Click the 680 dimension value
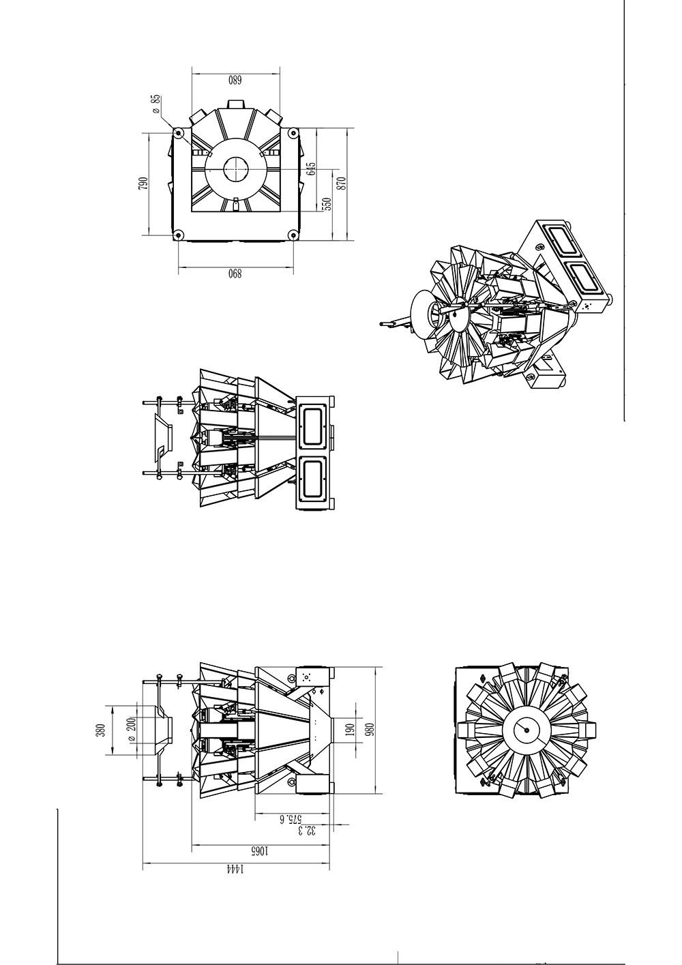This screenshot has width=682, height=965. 235,80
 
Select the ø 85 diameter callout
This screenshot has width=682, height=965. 156,104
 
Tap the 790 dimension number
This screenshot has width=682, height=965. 143,183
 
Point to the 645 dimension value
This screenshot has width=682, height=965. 311,168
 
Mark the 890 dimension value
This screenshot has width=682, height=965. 235,274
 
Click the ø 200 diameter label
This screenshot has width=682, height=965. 132,730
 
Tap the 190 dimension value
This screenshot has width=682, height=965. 351,730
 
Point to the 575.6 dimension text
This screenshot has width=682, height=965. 291,818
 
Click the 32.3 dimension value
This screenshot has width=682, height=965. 310,830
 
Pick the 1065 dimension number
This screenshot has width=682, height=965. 259,851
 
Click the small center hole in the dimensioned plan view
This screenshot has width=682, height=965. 235,168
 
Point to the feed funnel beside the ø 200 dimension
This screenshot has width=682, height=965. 162,730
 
